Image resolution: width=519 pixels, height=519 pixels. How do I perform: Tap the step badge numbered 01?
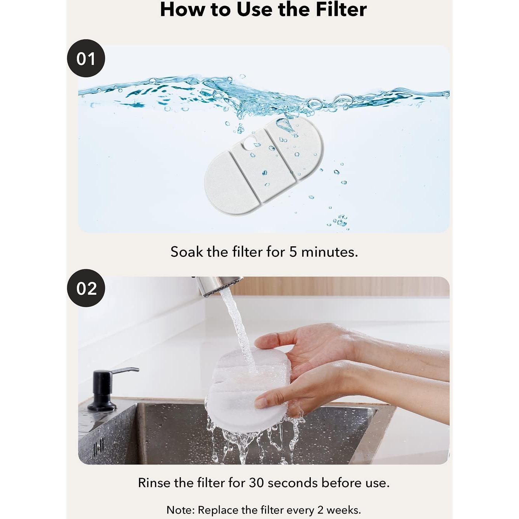pos(86,58)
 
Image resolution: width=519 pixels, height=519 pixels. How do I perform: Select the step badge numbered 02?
pos(86,288)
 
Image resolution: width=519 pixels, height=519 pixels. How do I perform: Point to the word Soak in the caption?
pos(187,252)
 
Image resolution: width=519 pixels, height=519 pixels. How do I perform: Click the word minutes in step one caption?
pos(329,252)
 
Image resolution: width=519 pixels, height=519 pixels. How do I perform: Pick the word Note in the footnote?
pos(180,510)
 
